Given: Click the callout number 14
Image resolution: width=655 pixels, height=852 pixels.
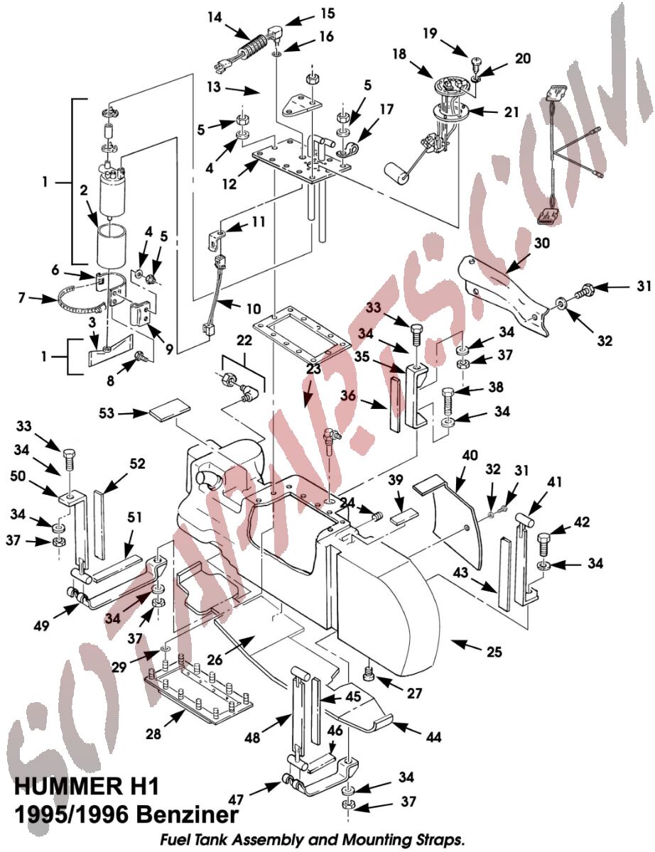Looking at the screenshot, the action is coord(215,18).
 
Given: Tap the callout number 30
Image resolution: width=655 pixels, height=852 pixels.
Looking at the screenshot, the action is coord(541,244).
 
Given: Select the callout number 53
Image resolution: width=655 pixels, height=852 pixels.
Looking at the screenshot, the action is coord(107,413).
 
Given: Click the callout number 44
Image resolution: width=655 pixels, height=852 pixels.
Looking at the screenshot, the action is coord(433,736).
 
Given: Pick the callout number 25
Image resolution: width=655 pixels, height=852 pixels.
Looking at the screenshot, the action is coord(494,651).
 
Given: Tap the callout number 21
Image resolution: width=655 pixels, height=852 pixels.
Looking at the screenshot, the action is coord(511,112).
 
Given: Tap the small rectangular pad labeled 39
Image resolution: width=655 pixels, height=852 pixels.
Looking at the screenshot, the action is coord(404,516).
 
